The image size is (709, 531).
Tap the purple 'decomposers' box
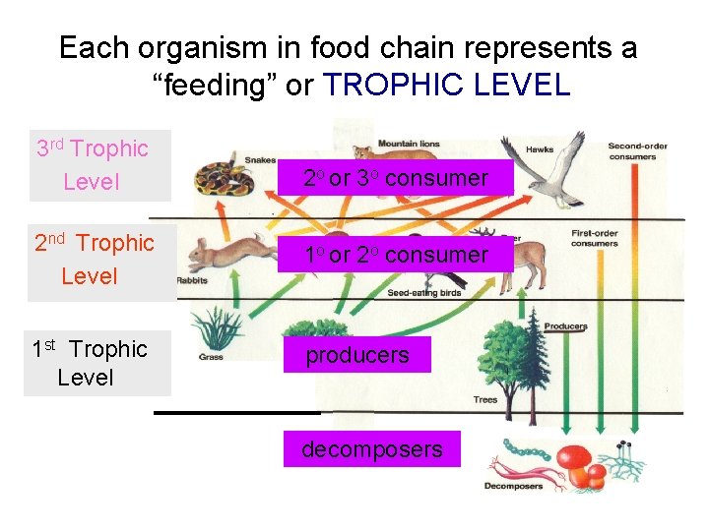point(371,449)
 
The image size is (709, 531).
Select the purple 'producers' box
point(356,354)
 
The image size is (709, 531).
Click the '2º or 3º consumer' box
point(395,178)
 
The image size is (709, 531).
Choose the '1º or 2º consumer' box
point(395,255)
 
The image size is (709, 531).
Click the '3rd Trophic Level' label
point(92,165)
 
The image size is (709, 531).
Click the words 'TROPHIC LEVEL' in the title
point(447,85)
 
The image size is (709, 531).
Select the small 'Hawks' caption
point(539,149)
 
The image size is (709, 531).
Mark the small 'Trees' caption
point(485,400)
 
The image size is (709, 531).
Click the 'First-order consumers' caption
point(595,238)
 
